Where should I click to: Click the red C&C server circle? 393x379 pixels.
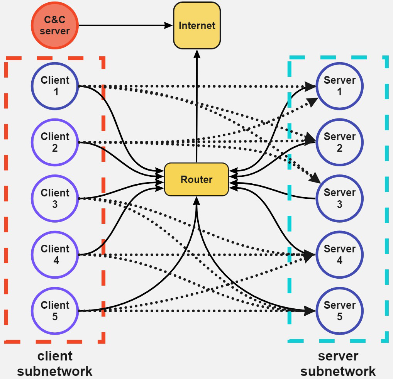pos(55,25)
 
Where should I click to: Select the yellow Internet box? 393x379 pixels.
pos(197,25)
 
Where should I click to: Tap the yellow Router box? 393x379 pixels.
pos(196,179)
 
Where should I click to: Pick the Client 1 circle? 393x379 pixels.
pos(55,86)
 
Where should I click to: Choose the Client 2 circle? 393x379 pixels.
pos(55,142)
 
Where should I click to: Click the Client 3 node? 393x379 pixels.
pos(55,198)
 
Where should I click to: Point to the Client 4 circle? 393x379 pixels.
pos(55,255)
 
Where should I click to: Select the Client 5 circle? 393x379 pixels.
pos(55,311)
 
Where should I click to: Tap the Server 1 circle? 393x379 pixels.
pos(339,86)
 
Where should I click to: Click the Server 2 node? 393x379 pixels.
pos(339,142)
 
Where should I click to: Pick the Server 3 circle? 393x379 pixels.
pos(339,198)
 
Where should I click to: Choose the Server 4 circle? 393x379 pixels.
pos(339,255)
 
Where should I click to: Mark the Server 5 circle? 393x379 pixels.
pos(339,311)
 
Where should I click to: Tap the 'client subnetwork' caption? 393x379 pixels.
pos(55,364)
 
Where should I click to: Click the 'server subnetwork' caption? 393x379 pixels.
pos(338,364)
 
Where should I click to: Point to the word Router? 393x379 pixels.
pos(196,179)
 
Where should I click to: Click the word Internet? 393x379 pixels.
pos(197,26)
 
